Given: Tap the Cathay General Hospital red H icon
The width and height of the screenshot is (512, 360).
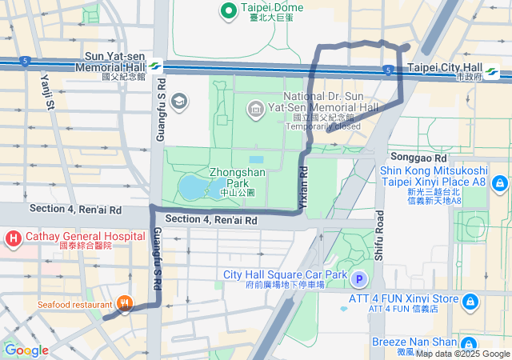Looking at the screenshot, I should click(14, 238).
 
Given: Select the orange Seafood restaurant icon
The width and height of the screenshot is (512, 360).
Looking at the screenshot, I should click(124, 304).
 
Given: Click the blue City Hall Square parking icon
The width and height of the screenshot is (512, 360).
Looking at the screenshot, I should click(360, 279).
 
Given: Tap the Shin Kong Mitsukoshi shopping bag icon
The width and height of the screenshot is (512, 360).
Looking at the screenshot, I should click(500, 185).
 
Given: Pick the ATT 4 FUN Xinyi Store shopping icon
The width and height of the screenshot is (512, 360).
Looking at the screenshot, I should click(471, 301).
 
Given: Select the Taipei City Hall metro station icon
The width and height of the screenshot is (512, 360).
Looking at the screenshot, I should click(490, 73).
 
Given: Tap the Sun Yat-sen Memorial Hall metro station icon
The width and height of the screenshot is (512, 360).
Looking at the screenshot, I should click(154, 67).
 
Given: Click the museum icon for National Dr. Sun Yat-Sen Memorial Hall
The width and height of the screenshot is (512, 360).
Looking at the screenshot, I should click(256, 108).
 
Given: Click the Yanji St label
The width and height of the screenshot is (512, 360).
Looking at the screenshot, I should click(46, 90).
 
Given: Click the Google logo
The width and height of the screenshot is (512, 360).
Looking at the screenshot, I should click(26, 350).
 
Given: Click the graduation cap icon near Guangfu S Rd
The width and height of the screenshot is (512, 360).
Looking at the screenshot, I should click(179, 100).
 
